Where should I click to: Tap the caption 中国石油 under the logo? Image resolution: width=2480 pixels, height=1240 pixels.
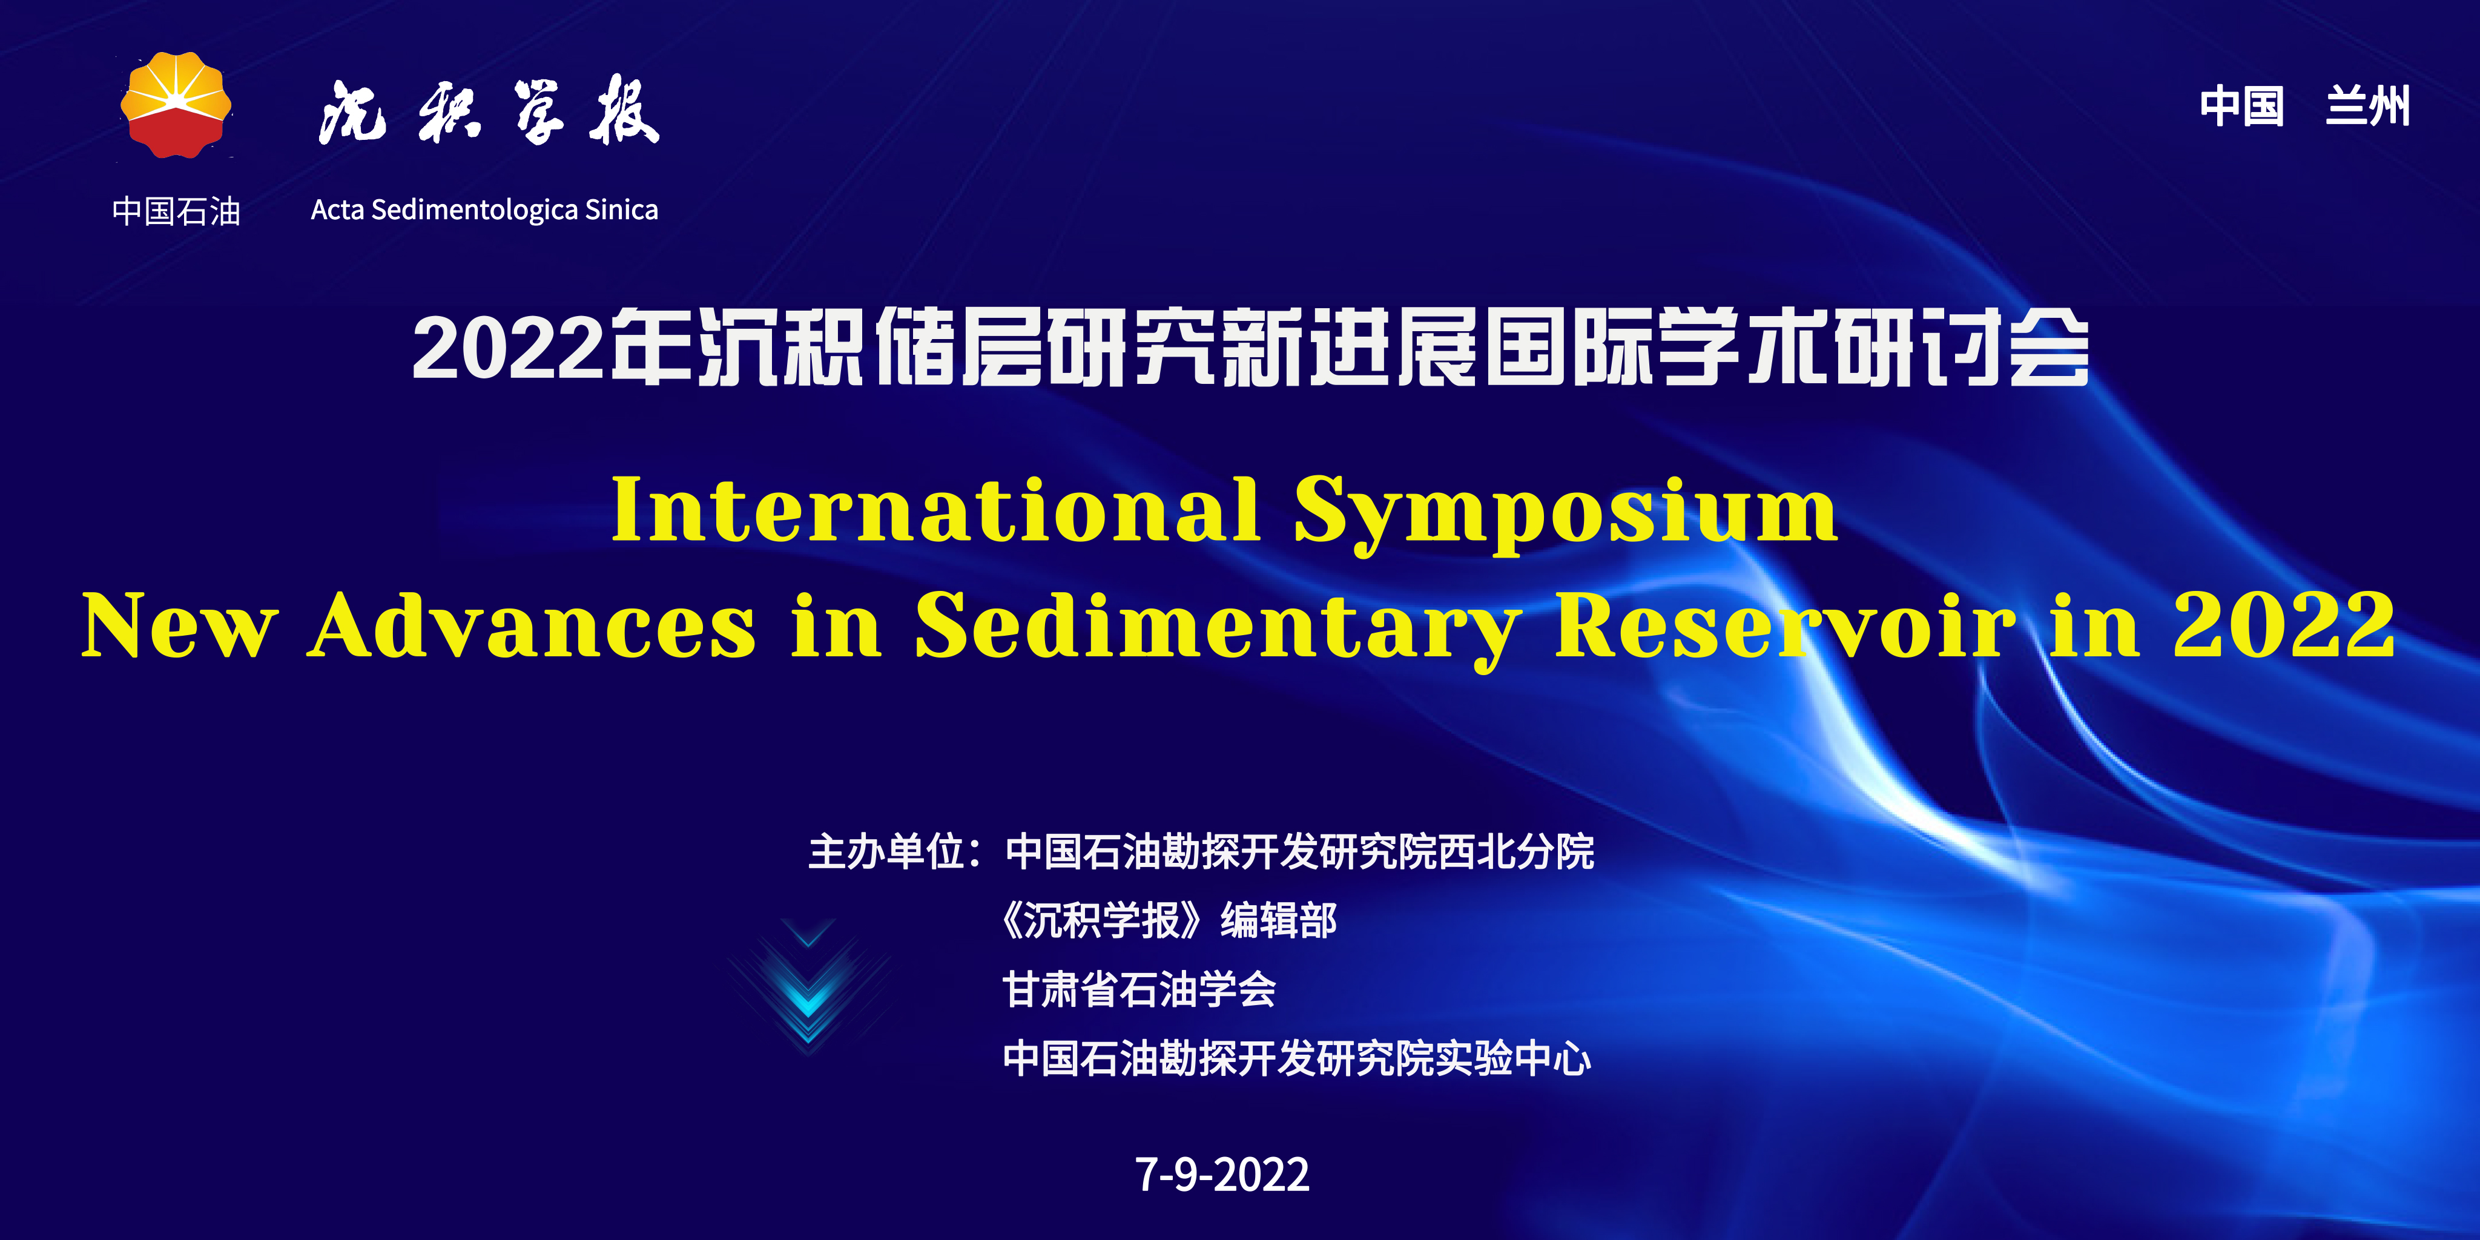point(176,211)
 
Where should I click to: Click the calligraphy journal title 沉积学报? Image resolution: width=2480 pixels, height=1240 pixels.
point(488,111)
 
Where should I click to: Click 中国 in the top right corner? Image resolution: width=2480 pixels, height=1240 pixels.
point(2241,106)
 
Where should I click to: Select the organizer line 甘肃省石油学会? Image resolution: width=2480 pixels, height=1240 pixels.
point(1139,990)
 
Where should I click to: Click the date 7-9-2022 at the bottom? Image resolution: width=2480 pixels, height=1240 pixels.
point(1222,1175)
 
